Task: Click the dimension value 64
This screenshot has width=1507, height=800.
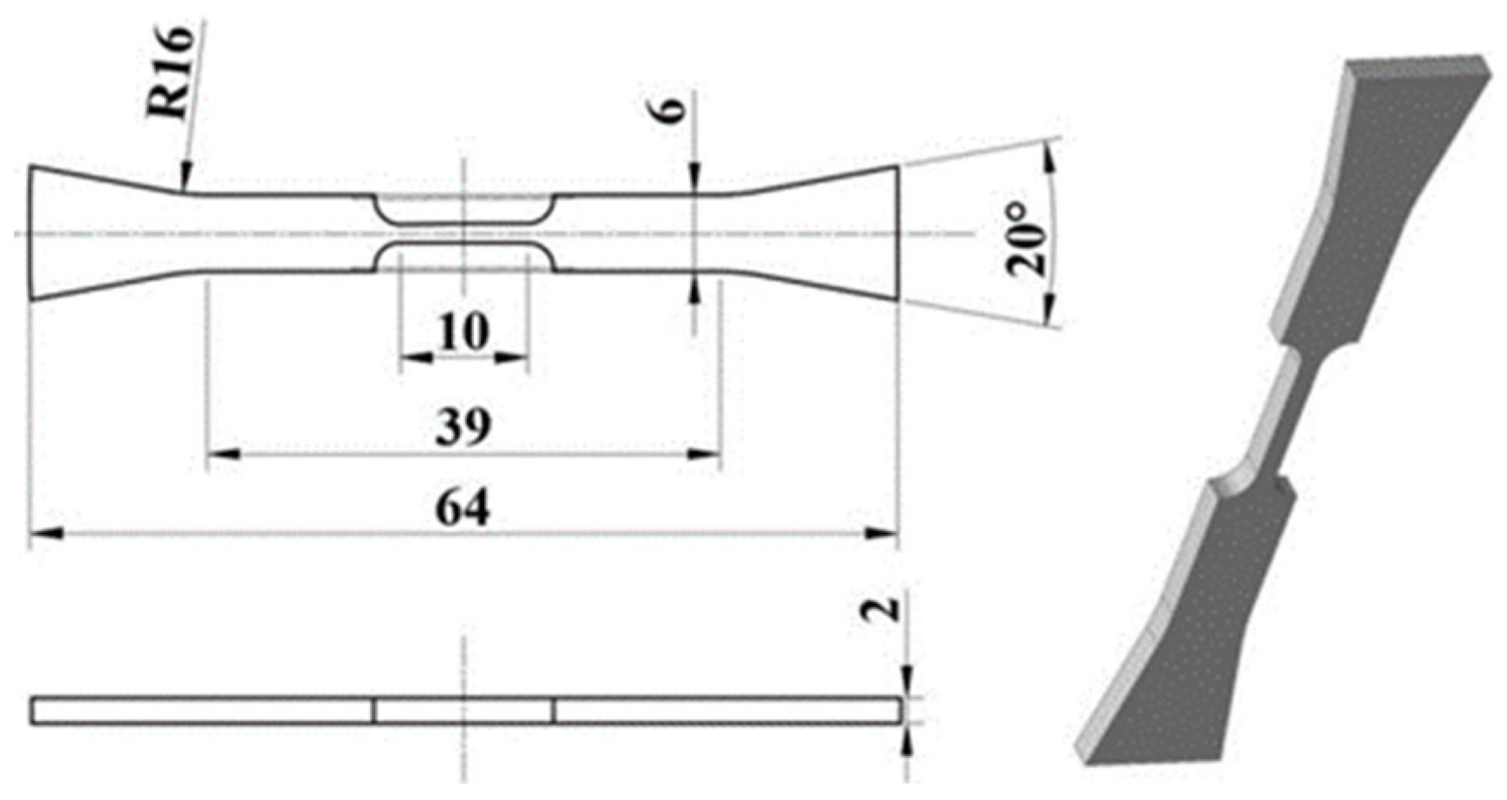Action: point(463,509)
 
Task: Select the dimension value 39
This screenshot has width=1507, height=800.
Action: point(463,426)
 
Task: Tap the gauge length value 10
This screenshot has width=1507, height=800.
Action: point(463,331)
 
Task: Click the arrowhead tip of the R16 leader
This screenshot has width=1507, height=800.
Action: point(184,187)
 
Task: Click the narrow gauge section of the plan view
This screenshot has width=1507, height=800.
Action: point(464,234)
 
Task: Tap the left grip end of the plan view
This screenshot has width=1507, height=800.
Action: point(69,234)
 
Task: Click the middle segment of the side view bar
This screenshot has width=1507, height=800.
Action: point(464,710)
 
